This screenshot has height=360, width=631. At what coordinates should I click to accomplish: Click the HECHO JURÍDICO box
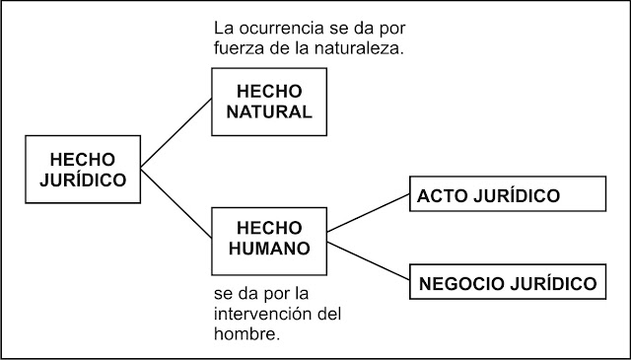83,170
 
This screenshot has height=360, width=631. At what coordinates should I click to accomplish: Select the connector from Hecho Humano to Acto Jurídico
367,214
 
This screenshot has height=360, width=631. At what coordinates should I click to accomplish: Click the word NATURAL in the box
269,110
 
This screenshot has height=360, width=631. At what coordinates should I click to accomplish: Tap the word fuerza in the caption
237,48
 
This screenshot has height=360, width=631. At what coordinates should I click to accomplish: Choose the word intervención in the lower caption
255,315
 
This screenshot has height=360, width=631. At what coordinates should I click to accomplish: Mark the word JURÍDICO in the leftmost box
83,180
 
